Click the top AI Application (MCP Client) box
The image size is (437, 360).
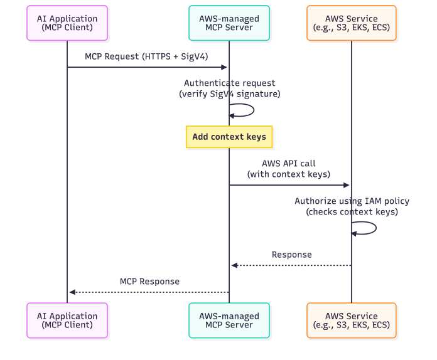click(x=67, y=23)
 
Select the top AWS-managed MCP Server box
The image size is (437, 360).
click(x=229, y=23)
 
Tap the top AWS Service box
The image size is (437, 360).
click(x=351, y=23)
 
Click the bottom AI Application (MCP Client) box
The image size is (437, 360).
click(x=67, y=320)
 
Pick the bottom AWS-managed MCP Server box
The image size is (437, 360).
click(x=229, y=320)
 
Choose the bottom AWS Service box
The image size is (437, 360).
click(x=351, y=320)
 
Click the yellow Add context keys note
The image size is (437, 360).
click(x=229, y=137)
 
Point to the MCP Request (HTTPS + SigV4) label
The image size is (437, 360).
click(x=146, y=56)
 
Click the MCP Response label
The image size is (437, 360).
click(x=149, y=282)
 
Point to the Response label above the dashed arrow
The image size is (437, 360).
click(x=291, y=255)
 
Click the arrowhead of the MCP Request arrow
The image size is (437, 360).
click(x=224, y=67)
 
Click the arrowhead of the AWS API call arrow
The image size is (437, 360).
click(x=346, y=185)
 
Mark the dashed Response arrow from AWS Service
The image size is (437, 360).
click(x=291, y=265)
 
